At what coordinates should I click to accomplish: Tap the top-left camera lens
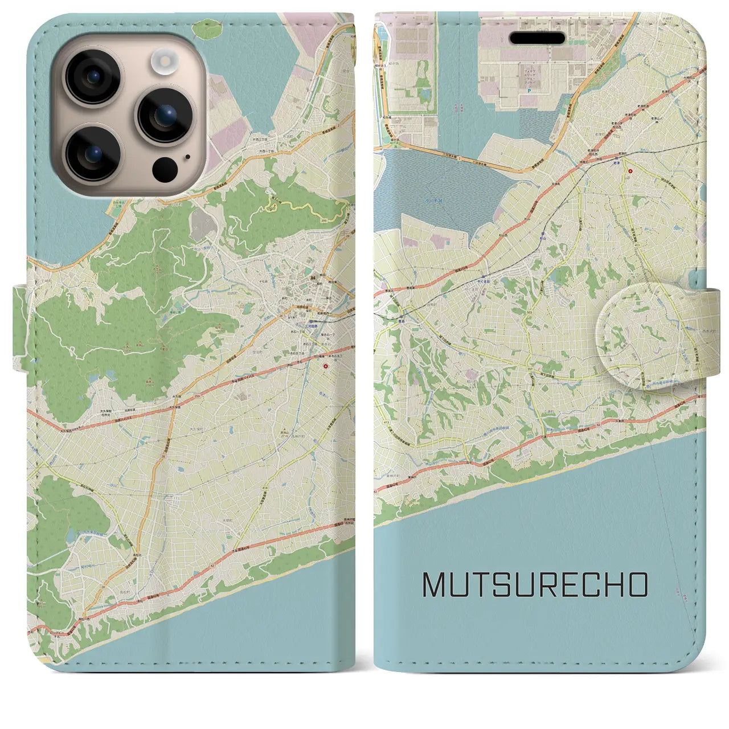(x=92, y=77)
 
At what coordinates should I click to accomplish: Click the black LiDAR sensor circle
(x=165, y=169)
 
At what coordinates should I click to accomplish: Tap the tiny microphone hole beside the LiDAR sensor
(x=187, y=158)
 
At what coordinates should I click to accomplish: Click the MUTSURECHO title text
(x=535, y=584)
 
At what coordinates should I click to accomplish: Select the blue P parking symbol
(x=529, y=91)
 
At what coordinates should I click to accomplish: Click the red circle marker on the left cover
(x=325, y=367)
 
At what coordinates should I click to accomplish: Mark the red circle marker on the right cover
(x=629, y=170)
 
